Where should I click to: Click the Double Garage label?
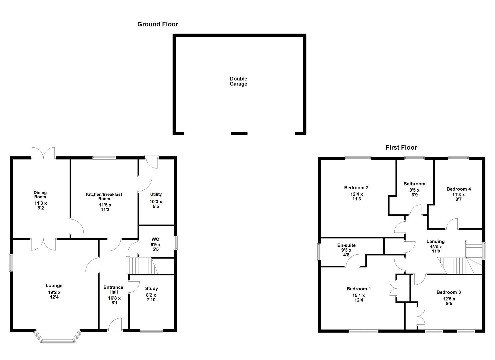coord(238,81)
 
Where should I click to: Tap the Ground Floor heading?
coord(158,24)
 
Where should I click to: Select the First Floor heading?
coord(401,147)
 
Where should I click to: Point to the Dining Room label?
coord(40,194)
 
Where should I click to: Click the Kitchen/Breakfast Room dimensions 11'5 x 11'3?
coord(105,207)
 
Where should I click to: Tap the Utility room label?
coord(156,194)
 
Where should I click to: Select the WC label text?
coord(155,239)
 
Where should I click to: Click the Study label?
coord(151,289)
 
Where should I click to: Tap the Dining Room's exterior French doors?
coord(43,153)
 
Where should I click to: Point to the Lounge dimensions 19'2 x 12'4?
coord(54,295)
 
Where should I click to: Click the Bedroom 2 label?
coord(356,188)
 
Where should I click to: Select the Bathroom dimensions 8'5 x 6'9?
coord(414,192)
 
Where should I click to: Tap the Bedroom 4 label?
coord(458,189)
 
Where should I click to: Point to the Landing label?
coord(435,241)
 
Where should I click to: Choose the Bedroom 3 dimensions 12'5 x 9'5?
coord(449,301)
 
